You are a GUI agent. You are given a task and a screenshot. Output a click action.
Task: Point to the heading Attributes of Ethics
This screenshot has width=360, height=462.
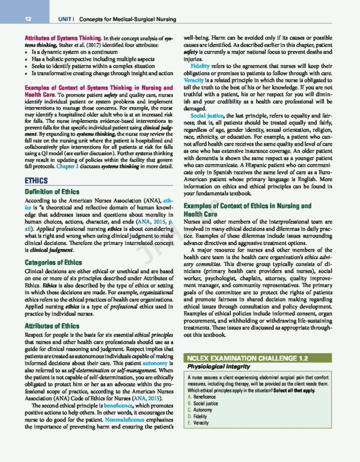[46, 325]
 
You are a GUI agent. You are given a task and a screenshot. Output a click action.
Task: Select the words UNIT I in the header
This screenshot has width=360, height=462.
[61, 20]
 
